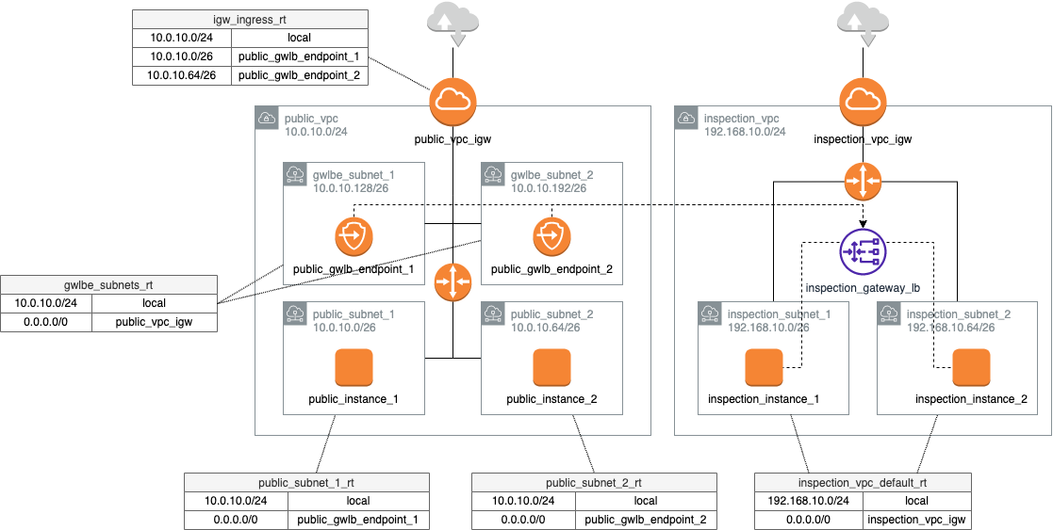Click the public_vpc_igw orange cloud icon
pyautogui.click(x=452, y=102)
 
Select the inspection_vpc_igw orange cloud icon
pyautogui.click(x=863, y=102)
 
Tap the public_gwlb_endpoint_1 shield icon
pyautogui.click(x=354, y=237)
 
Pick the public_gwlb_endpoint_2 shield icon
pyautogui.click(x=551, y=237)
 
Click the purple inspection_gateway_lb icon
pyautogui.click(x=863, y=254)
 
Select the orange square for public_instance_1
pyautogui.click(x=354, y=368)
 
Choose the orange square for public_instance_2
pyautogui.click(x=551, y=368)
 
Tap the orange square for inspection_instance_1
pyautogui.click(x=764, y=368)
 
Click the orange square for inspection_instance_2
pyautogui.click(x=971, y=368)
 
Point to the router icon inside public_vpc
pyautogui.click(x=452, y=282)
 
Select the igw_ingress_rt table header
pyautogui.click(x=250, y=20)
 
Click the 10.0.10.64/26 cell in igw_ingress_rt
pyautogui.click(x=182, y=75)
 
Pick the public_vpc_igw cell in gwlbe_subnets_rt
pyautogui.click(x=155, y=322)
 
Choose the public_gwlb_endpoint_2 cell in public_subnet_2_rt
pyautogui.click(x=645, y=519)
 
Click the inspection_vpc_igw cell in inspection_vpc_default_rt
pyautogui.click(x=916, y=519)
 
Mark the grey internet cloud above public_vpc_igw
pyautogui.click(x=452, y=24)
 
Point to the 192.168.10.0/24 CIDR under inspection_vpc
pyautogui.click(x=745, y=132)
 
